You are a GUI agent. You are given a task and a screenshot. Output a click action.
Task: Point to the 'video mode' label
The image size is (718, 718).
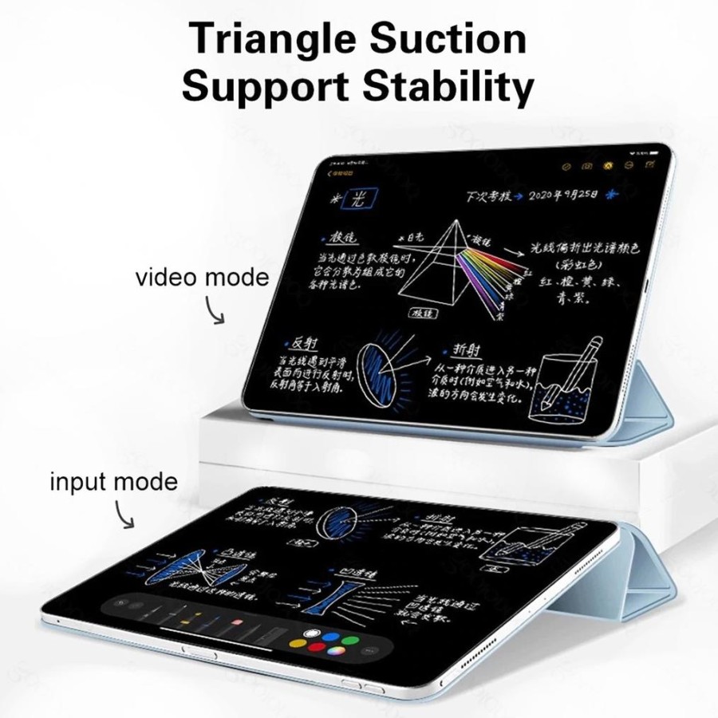point(202,278)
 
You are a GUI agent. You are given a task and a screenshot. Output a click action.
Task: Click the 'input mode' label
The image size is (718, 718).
point(113,482)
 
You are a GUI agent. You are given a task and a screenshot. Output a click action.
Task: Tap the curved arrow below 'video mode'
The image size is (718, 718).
point(214,310)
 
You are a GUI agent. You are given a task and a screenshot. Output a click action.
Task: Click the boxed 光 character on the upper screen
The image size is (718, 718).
point(353,199)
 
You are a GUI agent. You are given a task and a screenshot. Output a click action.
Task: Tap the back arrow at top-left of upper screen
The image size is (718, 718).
point(329,172)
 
